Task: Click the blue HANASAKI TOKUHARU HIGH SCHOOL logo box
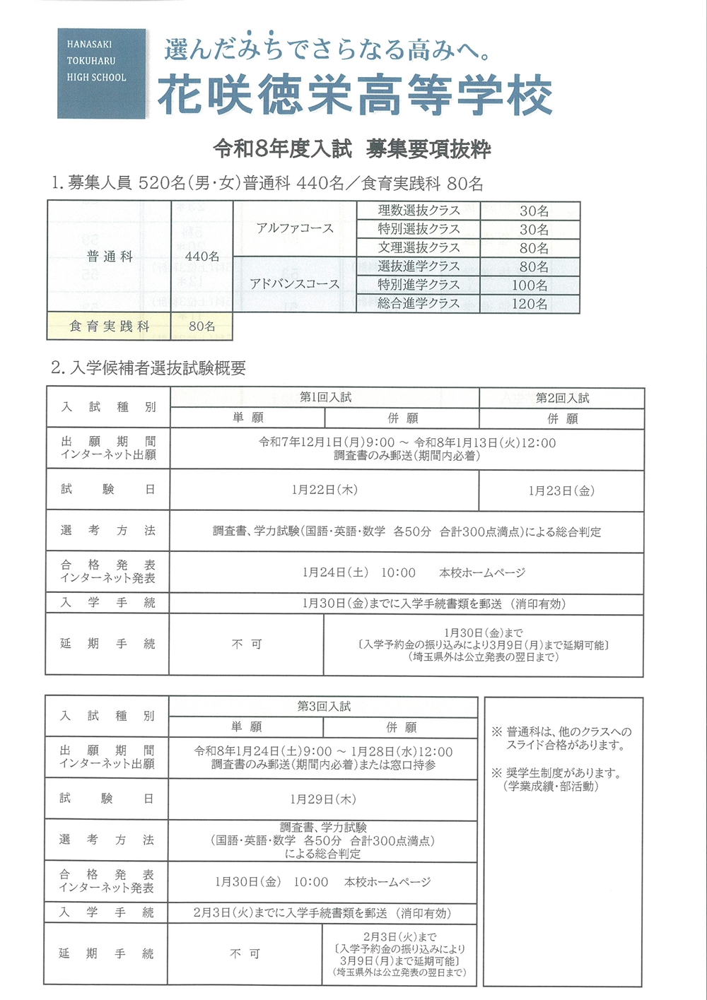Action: click(101, 73)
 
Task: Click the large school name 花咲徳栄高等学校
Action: click(354, 95)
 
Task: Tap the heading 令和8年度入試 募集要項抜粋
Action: click(352, 149)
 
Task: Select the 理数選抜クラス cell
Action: click(419, 211)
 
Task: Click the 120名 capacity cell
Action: click(530, 304)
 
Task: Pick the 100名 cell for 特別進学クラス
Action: click(530, 286)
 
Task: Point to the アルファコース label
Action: click(295, 228)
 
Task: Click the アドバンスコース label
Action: click(294, 284)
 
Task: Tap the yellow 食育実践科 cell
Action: click(109, 327)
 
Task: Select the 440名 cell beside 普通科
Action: click(202, 257)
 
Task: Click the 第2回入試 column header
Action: click(562, 398)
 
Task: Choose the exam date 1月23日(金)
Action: click(561, 490)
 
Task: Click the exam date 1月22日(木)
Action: click(325, 490)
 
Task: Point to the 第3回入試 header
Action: click(324, 707)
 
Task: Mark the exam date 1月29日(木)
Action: click(323, 799)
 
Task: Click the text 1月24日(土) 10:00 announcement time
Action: click(358, 572)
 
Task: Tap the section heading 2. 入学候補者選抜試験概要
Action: click(148, 368)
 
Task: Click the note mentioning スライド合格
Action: click(562, 739)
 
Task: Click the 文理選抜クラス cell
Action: click(419, 248)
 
